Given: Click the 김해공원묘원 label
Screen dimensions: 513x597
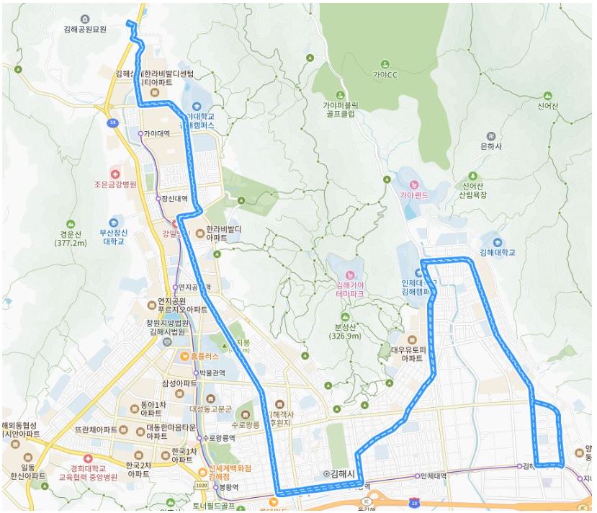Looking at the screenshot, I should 84,30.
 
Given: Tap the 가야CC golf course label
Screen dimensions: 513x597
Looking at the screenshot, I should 385,74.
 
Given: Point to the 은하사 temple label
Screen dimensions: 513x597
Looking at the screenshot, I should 490,146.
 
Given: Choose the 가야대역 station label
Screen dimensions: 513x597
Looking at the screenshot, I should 156,133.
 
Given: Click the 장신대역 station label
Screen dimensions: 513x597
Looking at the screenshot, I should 174,198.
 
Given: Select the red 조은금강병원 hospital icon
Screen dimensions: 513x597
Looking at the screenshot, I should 115,174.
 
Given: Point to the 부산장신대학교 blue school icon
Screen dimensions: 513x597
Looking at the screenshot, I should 114,222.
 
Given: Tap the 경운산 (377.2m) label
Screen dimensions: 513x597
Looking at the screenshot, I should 70,238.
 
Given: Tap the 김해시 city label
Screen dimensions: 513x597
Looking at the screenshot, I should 342,473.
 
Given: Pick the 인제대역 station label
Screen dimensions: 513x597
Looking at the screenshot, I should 434,476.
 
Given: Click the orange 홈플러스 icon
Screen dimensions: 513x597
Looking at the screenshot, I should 186,355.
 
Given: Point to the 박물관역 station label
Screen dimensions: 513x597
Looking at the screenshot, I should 212,373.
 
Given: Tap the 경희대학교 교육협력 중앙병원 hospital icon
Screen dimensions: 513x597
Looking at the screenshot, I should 88,458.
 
